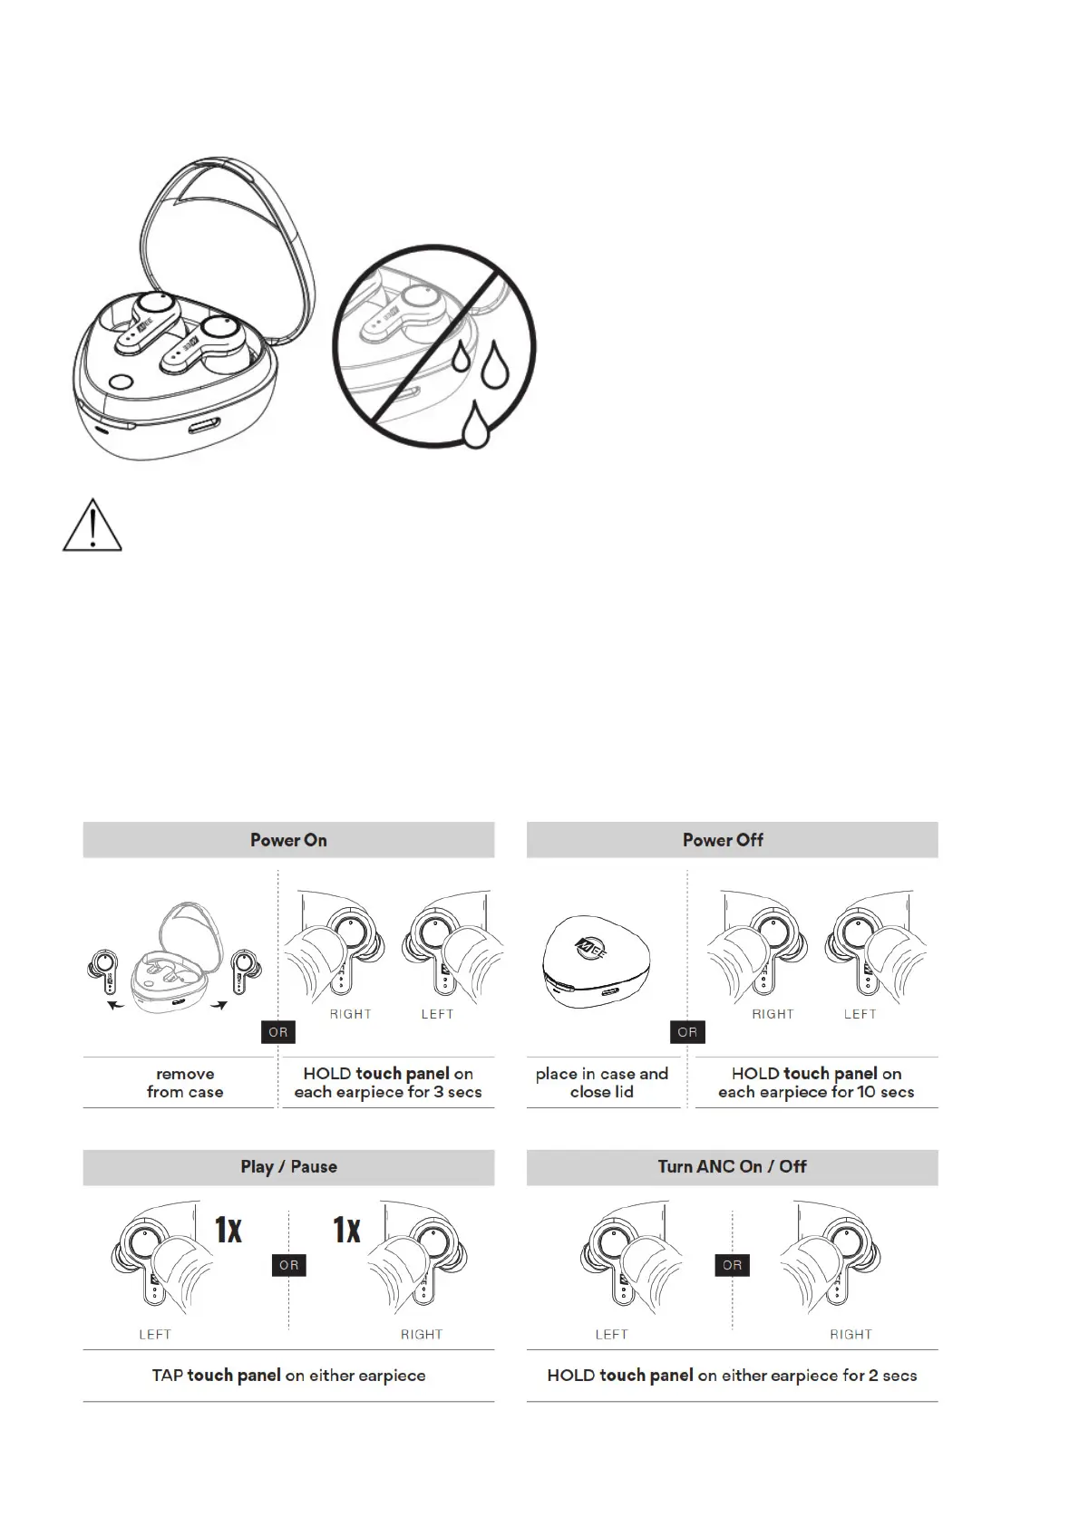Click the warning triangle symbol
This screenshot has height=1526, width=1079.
(x=92, y=525)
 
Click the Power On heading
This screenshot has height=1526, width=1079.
(x=288, y=840)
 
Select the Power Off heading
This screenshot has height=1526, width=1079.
(x=723, y=840)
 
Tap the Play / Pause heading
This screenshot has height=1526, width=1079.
(x=288, y=1166)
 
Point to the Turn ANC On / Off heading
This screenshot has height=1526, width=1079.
(x=732, y=1166)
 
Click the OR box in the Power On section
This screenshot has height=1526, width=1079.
(x=278, y=1032)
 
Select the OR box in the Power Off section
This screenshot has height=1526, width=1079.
(x=687, y=1032)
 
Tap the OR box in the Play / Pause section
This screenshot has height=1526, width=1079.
(x=289, y=1265)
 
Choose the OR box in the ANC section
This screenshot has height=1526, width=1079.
(x=733, y=1265)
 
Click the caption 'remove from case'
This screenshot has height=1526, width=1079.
(x=185, y=1083)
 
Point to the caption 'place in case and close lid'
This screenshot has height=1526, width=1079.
(x=602, y=1083)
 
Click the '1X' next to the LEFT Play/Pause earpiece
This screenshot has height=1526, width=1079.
(x=228, y=1230)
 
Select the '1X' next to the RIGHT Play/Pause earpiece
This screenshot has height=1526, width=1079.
(x=347, y=1230)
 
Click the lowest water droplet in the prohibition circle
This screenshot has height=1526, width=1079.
(x=475, y=426)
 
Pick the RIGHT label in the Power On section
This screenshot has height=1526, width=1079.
(x=351, y=1014)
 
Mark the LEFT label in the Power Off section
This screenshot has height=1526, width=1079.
(x=860, y=1014)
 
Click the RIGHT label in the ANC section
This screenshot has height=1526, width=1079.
(x=851, y=1335)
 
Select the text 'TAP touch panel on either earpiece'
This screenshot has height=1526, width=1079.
(x=288, y=1376)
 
